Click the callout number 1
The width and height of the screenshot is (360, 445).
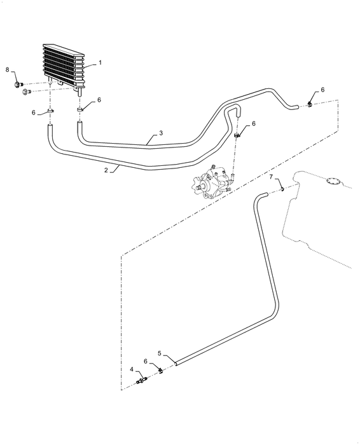click(100, 63)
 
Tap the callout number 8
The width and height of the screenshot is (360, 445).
click(8, 69)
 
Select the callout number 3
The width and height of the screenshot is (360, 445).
click(161, 133)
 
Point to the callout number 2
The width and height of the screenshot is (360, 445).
click(106, 170)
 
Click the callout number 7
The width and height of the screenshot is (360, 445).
click(271, 177)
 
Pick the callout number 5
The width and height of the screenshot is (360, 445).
click(160, 353)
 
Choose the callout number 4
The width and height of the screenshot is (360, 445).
click(132, 369)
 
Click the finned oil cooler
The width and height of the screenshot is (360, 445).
click(64, 65)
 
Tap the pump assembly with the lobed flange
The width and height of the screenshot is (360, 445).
click(213, 182)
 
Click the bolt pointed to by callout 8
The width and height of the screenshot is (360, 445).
click(18, 85)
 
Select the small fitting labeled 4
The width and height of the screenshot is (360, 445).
click(142, 380)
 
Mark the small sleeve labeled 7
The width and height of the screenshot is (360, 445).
click(282, 189)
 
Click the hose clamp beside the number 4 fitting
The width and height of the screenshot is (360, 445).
click(161, 371)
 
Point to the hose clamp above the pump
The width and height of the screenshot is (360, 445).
click(238, 135)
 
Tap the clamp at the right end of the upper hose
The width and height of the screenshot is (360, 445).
click(310, 105)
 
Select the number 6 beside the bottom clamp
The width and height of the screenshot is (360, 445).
click(146, 361)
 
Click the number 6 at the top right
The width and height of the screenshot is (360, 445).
click(322, 90)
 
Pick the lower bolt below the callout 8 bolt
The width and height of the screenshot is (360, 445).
click(27, 92)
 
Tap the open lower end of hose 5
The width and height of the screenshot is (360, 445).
click(176, 363)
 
